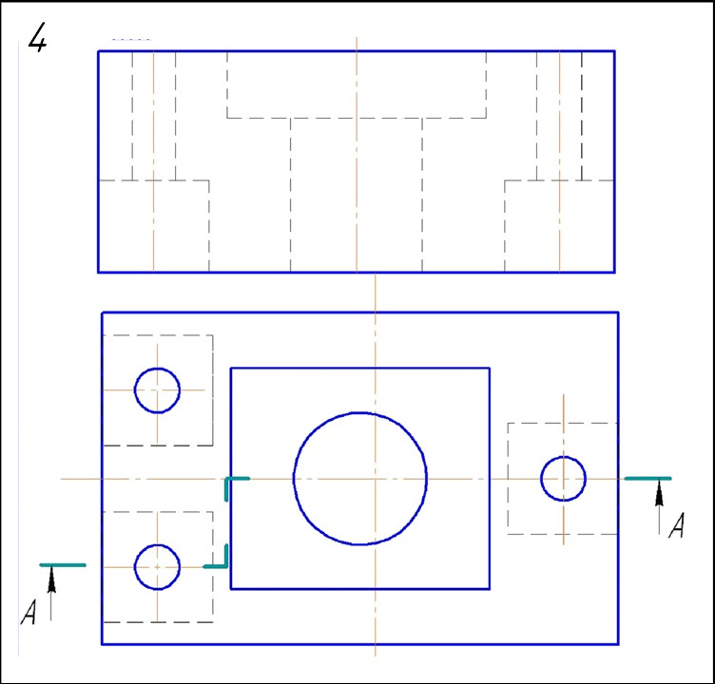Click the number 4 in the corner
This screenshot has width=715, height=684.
[37, 37]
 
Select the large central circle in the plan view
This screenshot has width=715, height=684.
[359, 479]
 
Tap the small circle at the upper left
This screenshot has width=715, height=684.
[157, 390]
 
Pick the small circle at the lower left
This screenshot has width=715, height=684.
[157, 567]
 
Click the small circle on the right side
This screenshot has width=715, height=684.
[563, 479]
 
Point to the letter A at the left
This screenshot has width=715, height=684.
[29, 612]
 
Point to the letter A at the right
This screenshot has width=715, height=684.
[677, 525]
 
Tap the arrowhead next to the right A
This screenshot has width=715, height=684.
[659, 493]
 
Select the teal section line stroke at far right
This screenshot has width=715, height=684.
[647, 479]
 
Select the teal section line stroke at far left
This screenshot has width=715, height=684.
[63, 565]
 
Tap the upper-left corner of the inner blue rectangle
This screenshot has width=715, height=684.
[231, 368]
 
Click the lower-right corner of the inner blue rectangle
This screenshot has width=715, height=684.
[490, 589]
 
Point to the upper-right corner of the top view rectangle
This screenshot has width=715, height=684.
[614, 51]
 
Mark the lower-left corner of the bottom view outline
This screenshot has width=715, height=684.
[102, 644]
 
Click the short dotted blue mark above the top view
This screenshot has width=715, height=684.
[131, 40]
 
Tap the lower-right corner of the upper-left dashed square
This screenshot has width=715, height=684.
[212, 446]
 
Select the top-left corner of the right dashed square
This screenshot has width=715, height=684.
[508, 424]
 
